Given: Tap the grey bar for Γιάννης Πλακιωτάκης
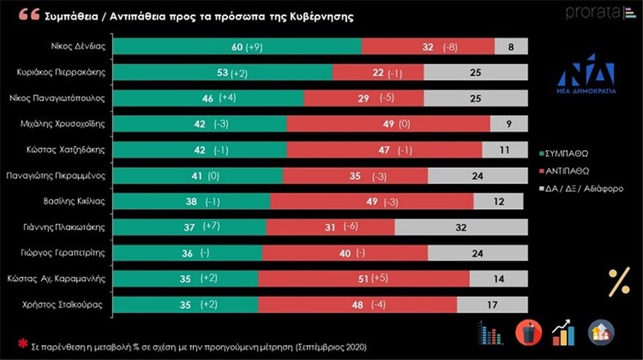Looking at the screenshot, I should click(x=460, y=227).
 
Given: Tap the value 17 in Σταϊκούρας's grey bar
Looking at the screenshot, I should click(x=492, y=305).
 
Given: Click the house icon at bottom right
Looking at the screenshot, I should click(x=601, y=332).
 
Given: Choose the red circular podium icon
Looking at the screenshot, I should click(x=528, y=332).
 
